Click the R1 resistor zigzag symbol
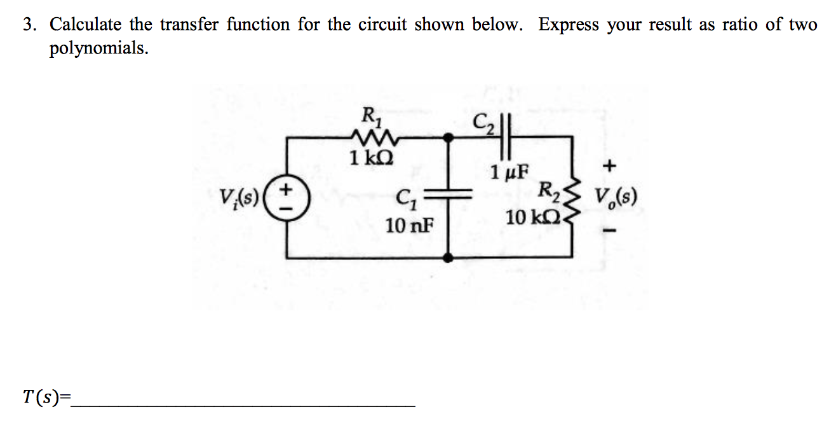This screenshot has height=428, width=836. (x=369, y=135)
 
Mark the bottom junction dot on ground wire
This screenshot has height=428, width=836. (x=449, y=258)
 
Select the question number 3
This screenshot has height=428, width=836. (x=28, y=25)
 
